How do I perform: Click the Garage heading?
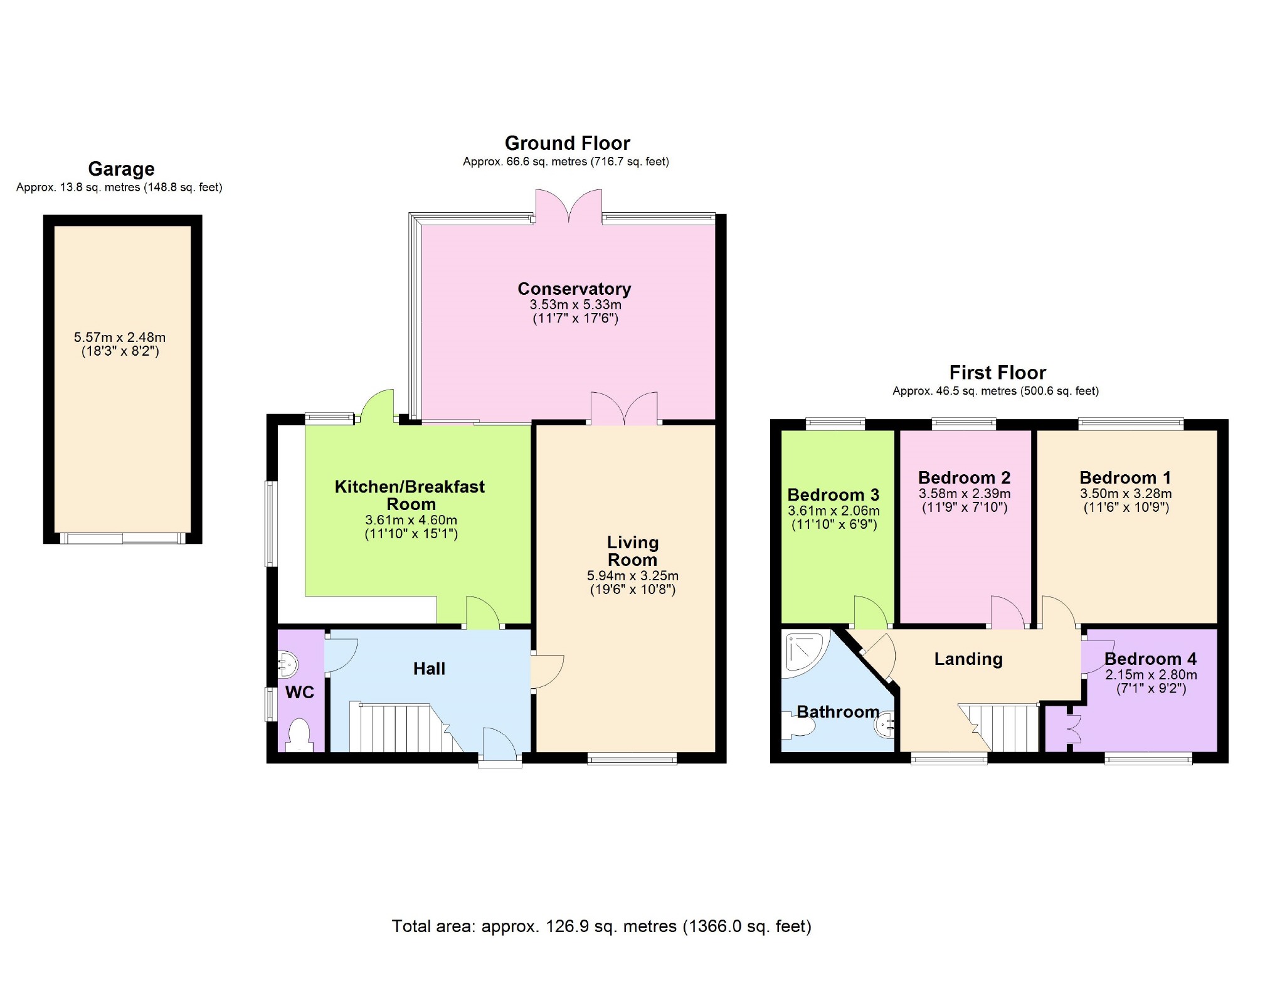pyautogui.click(x=121, y=169)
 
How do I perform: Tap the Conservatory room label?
pyautogui.click(x=574, y=289)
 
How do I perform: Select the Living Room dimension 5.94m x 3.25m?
pyautogui.click(x=632, y=575)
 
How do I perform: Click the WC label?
pyautogui.click(x=300, y=693)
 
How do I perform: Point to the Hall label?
pyautogui.click(x=429, y=669)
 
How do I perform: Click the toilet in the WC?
pyautogui.click(x=299, y=735)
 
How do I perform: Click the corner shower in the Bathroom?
pyautogui.click(x=806, y=653)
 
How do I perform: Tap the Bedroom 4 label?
pyautogui.click(x=1150, y=659)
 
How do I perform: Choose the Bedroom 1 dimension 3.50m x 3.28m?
pyautogui.click(x=1126, y=494)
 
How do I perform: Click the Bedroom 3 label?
pyautogui.click(x=833, y=495)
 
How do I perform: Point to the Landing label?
pyautogui.click(x=968, y=659)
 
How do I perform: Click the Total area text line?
pyautogui.click(x=601, y=927)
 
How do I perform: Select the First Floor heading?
pyautogui.click(x=997, y=373)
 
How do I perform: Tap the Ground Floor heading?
pyautogui.click(x=567, y=143)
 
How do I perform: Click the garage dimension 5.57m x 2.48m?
pyautogui.click(x=120, y=337)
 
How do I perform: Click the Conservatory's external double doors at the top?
pyautogui.click(x=569, y=206)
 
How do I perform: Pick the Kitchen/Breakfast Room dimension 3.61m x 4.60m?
pyautogui.click(x=411, y=520)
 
